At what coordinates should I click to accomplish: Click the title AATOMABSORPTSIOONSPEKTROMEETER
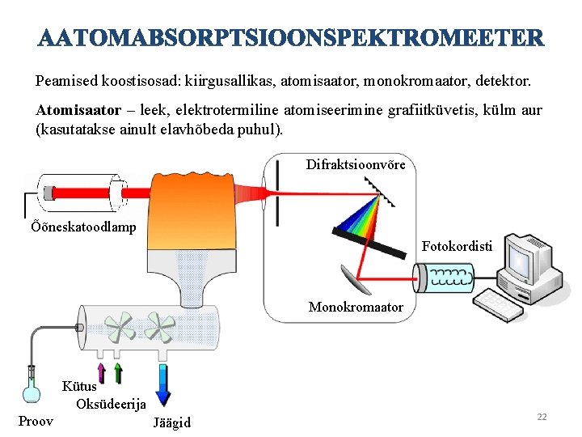click(x=291, y=38)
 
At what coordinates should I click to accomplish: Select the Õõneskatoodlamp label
click(x=82, y=227)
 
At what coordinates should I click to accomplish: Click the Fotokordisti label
click(x=457, y=244)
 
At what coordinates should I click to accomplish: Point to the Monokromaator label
click(x=356, y=307)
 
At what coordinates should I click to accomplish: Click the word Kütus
click(x=79, y=387)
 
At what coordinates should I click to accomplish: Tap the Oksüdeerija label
click(x=111, y=404)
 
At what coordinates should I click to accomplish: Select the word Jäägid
click(x=171, y=422)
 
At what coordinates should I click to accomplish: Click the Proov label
click(x=36, y=420)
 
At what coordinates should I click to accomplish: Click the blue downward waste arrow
click(x=162, y=385)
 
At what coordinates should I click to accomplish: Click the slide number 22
click(x=542, y=416)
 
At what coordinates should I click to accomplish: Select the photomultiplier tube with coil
click(x=444, y=278)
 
